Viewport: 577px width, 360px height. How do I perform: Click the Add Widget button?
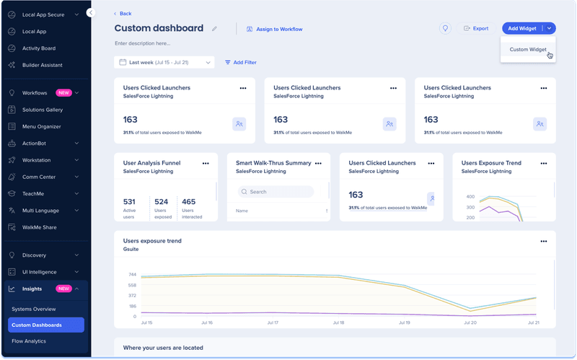pos(522,28)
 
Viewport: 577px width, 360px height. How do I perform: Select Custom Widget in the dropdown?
pos(528,50)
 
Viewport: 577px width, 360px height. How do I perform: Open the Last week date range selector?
pos(164,63)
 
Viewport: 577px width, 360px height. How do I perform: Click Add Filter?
pos(241,63)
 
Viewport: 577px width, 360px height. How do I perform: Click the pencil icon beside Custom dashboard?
pos(214,29)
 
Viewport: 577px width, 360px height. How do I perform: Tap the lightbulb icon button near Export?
pos(446,28)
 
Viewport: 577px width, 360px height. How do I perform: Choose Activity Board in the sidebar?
pos(39,48)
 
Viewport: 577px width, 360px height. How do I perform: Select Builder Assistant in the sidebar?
pos(42,65)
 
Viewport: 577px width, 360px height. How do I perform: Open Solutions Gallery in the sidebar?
pos(43,110)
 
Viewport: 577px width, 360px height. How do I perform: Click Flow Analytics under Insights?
pos(29,341)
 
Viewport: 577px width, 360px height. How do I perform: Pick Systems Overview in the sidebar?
pos(34,309)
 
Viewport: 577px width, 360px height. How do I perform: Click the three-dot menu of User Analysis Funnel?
pos(206,164)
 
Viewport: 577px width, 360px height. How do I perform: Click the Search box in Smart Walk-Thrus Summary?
pos(276,192)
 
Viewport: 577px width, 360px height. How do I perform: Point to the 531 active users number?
pos(130,202)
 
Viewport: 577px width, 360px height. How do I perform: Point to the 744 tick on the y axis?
pos(131,274)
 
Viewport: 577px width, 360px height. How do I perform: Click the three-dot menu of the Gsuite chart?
pos(544,242)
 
